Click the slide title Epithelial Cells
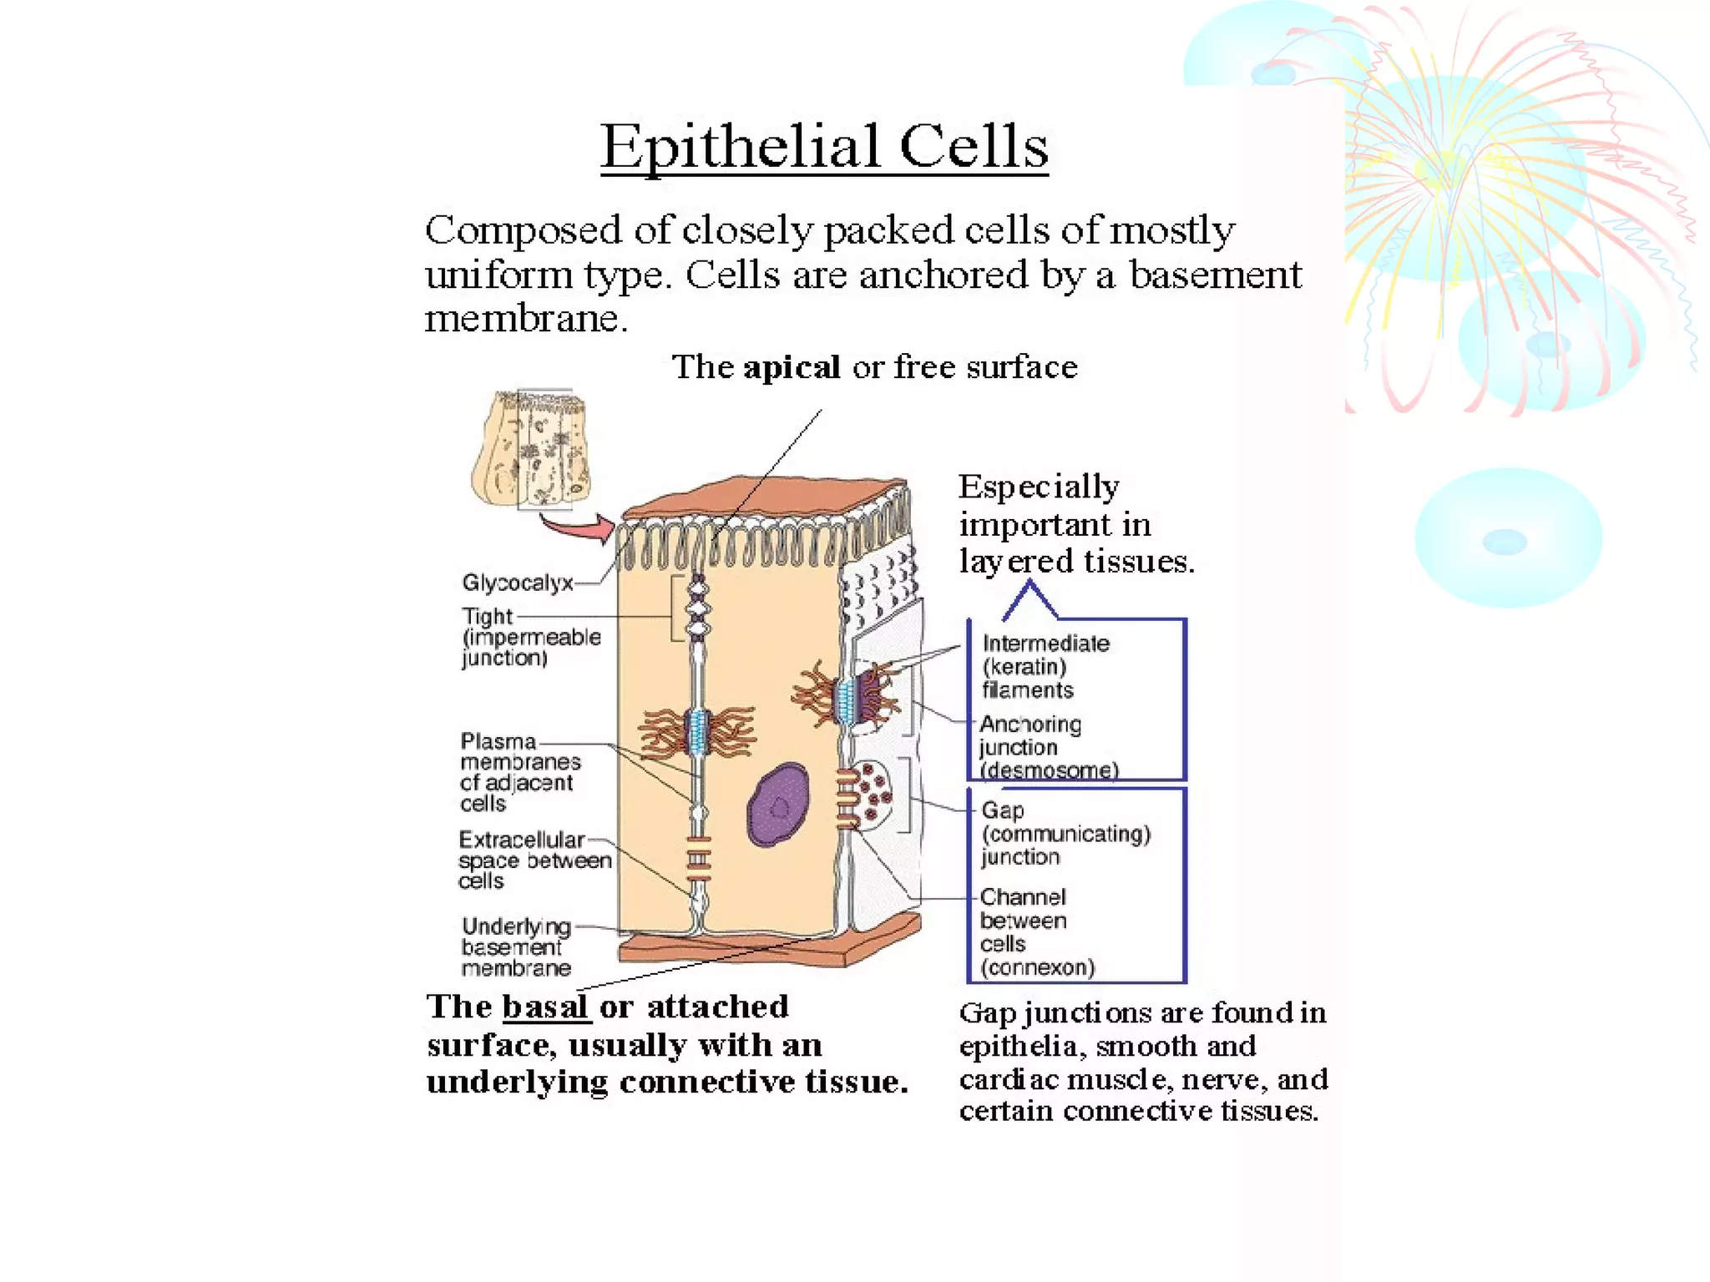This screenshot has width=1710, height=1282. click(x=824, y=147)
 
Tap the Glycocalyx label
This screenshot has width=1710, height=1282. click(x=518, y=583)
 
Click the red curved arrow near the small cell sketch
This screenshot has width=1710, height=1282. click(x=578, y=527)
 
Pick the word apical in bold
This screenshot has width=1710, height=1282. click(x=792, y=367)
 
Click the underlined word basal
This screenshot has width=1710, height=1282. click(x=546, y=1007)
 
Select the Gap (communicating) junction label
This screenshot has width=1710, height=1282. click(x=1065, y=833)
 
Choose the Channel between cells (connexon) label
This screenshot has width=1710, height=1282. click(x=1036, y=931)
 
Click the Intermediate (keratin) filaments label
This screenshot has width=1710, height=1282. click(x=1045, y=666)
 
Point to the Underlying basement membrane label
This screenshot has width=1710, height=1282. click(x=516, y=946)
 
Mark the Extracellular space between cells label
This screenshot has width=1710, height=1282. click(x=534, y=860)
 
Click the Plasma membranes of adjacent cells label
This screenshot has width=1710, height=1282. click(x=519, y=772)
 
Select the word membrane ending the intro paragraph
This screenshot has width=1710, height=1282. click(x=524, y=319)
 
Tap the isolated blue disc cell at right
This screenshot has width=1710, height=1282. click(x=1508, y=538)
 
